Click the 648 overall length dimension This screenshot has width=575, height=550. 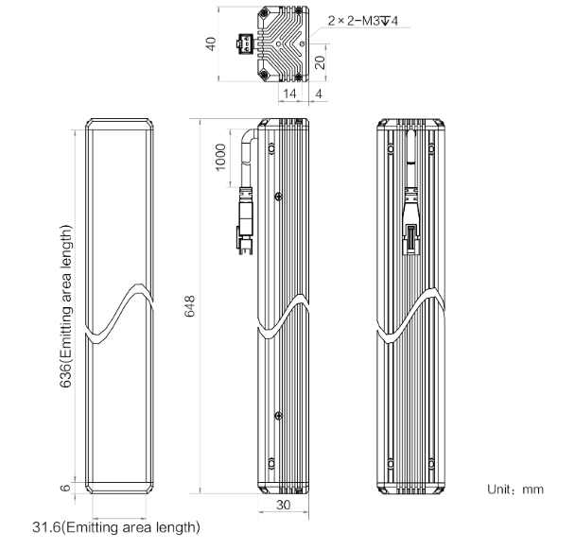pyautogui.click(x=190, y=306)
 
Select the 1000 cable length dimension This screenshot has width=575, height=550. pyautogui.click(x=220, y=158)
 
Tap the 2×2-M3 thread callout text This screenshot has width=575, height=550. pyautogui.click(x=362, y=21)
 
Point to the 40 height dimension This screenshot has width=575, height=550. pyautogui.click(x=211, y=44)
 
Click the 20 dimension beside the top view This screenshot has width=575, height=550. pyautogui.click(x=321, y=62)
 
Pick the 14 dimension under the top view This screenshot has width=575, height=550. pyautogui.click(x=289, y=94)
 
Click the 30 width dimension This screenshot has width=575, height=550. pyautogui.click(x=283, y=505)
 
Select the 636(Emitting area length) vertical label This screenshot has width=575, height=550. pyautogui.click(x=66, y=306)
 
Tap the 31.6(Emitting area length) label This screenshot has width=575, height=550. pyautogui.click(x=116, y=527)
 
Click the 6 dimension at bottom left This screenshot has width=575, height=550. pyautogui.click(x=65, y=488)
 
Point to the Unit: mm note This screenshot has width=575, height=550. pyautogui.click(x=515, y=490)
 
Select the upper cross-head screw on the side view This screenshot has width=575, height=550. pyautogui.click(x=278, y=197)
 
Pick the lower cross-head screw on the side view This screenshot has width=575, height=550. pyautogui.click(x=278, y=416)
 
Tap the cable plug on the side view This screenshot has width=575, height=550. pyautogui.click(x=245, y=220)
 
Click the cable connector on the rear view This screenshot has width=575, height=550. pyautogui.click(x=410, y=220)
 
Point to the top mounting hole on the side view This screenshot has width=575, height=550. pyautogui.click(x=271, y=148)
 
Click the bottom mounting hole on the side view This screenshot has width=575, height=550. pyautogui.click(x=271, y=464)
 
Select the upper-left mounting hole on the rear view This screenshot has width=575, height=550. pyautogui.click(x=391, y=148)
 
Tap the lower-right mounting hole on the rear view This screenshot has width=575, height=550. pyautogui.click(x=431, y=464)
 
